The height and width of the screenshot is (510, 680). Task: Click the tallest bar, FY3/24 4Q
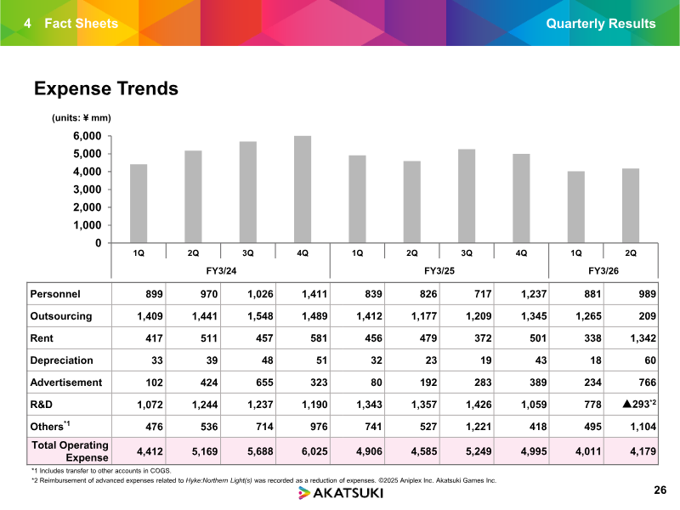coord(303,190)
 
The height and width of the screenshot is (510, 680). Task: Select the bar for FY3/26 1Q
coord(576,207)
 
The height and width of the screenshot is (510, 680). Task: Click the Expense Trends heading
coord(105,88)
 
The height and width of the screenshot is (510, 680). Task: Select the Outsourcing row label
coord(61,316)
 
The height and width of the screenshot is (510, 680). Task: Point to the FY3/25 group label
coord(439,269)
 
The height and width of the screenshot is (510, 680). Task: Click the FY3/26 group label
coord(603,269)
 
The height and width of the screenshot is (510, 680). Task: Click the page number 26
coord(660,490)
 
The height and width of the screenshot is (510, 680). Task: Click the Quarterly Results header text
coord(601,24)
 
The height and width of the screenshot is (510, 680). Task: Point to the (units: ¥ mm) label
coord(76,117)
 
